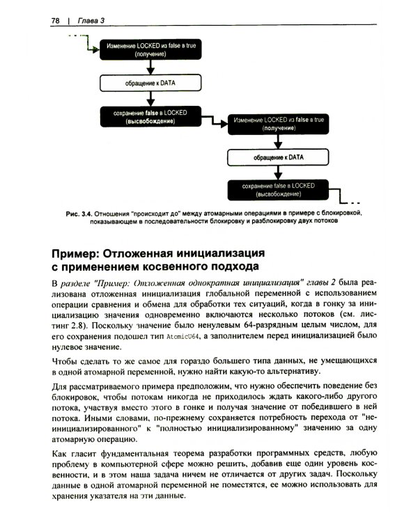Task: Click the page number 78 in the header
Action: coord(56,21)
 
